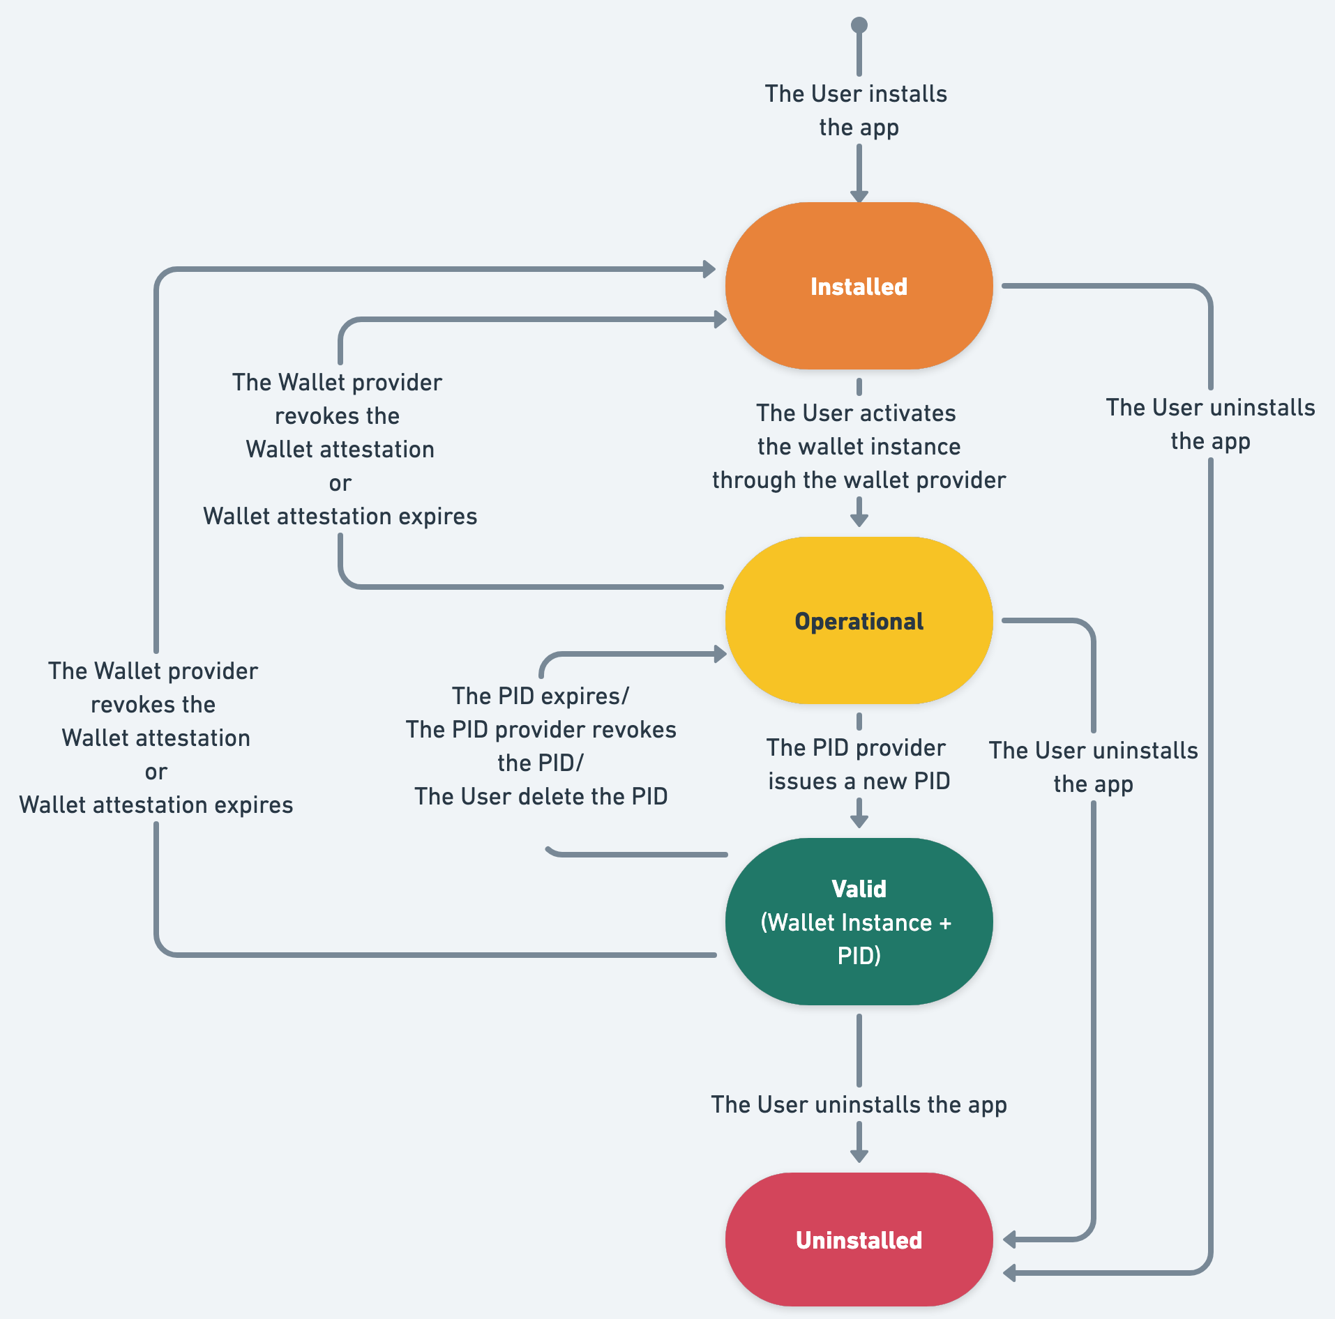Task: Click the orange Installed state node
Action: pos(859,286)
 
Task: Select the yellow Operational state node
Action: pos(859,620)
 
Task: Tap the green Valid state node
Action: pos(859,921)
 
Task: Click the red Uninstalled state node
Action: pos(859,1240)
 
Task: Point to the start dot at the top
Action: pos(859,25)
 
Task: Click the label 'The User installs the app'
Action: pos(857,110)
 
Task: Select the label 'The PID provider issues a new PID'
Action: pos(858,764)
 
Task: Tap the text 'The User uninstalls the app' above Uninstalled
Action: pos(859,1104)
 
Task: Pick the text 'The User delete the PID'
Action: pos(541,796)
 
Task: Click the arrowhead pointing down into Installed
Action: pos(859,196)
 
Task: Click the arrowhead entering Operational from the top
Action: pos(859,520)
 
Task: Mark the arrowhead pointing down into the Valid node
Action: pos(859,821)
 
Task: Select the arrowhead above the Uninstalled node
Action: pos(859,1155)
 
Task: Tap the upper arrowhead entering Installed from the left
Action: pos(709,269)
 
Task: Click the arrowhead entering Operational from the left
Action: pos(721,654)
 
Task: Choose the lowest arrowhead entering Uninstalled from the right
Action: pos(1010,1273)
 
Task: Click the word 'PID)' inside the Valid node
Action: pos(859,955)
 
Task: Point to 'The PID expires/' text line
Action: pos(541,696)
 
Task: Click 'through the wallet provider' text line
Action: pos(859,480)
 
